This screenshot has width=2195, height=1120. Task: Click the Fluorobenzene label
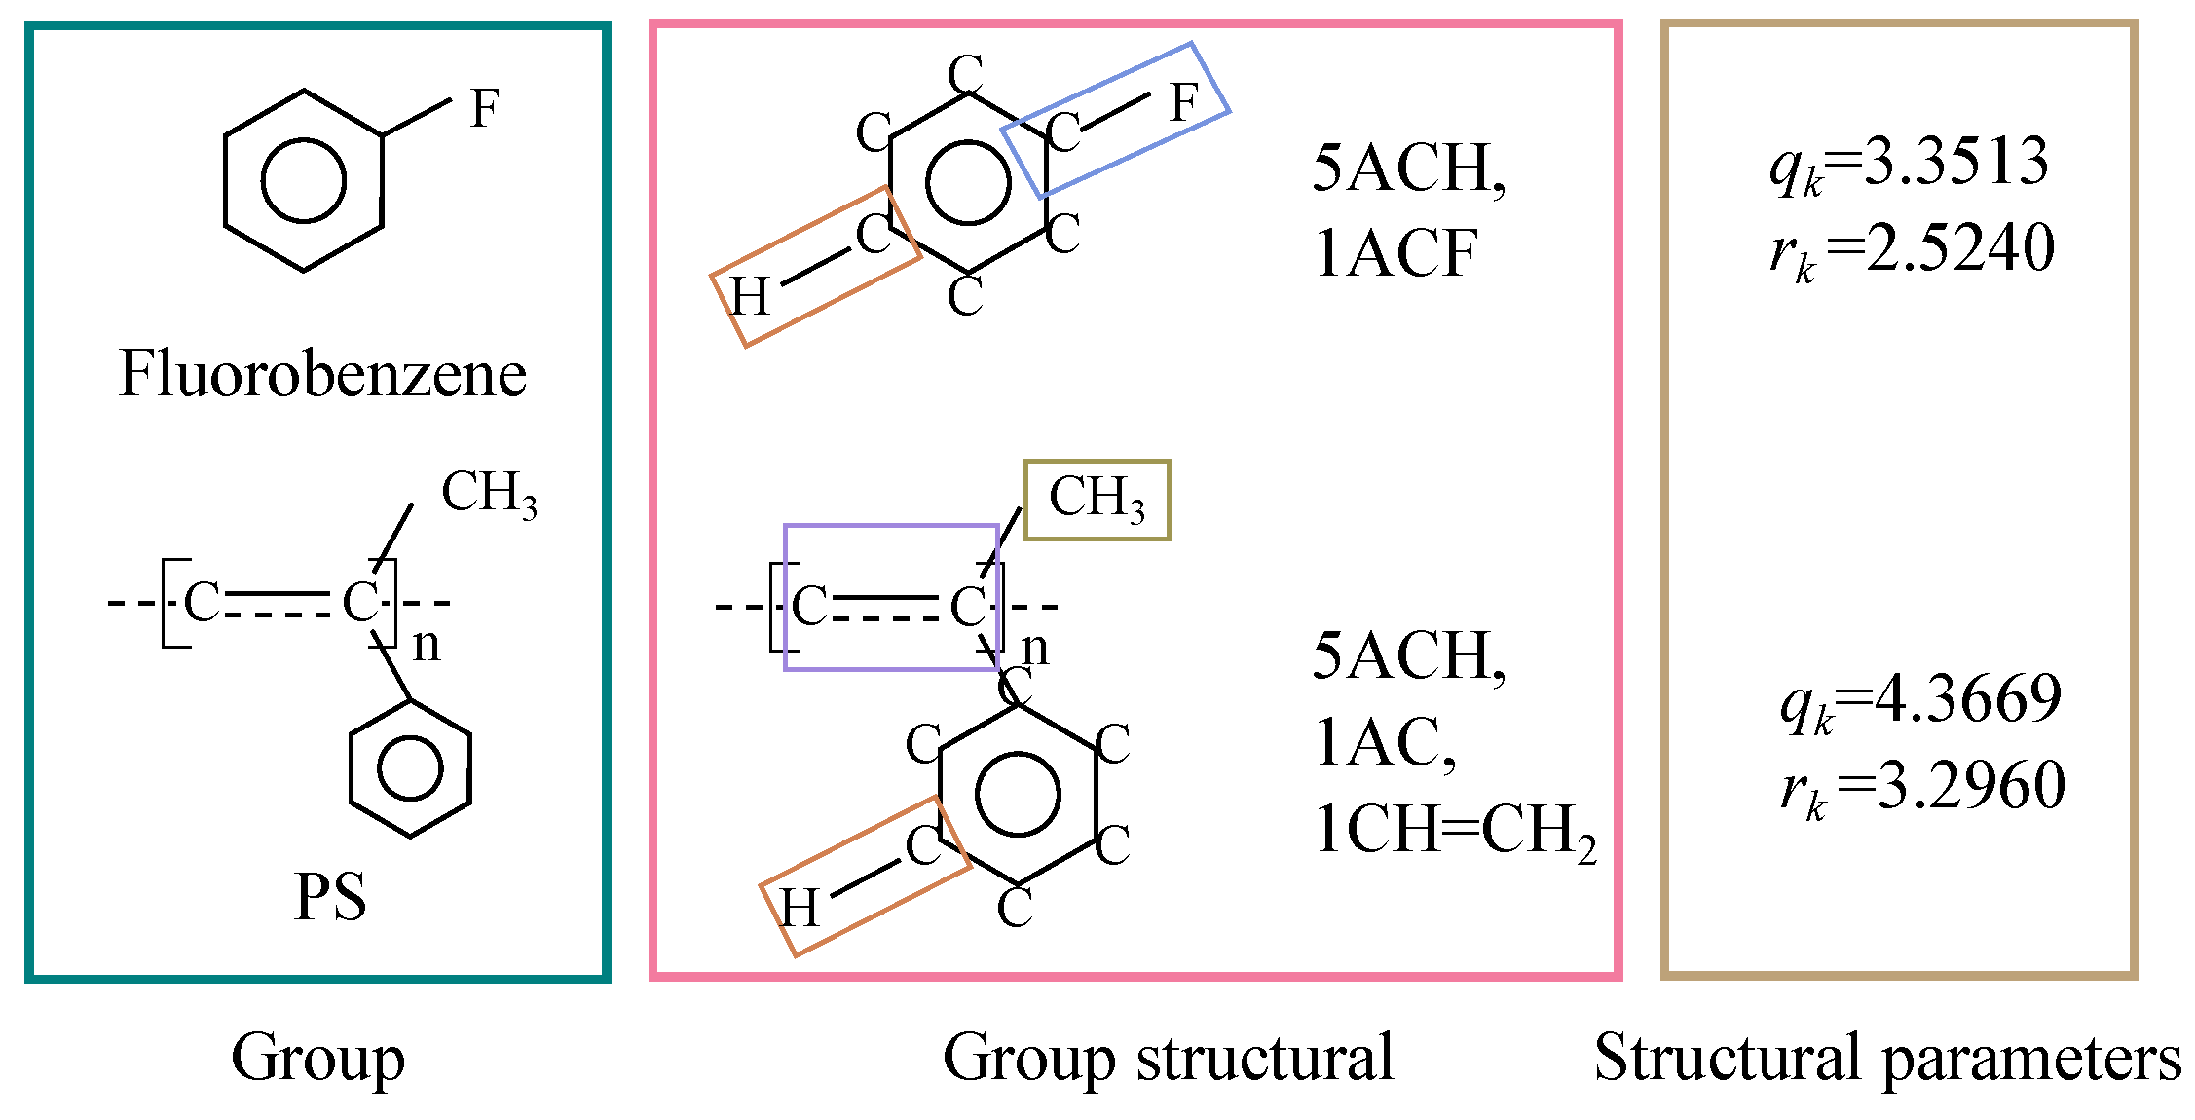pos(322,374)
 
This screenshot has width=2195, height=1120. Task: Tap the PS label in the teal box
pos(330,897)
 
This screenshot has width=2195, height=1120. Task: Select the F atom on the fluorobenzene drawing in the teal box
pos(484,108)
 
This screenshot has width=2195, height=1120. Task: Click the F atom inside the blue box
pos(1183,102)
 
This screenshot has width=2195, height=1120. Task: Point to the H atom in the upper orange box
pos(751,296)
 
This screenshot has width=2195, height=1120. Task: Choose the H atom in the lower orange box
pos(800,908)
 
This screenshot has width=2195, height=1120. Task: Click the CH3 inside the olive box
pos(1097,499)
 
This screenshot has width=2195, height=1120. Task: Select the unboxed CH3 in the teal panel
pos(489,494)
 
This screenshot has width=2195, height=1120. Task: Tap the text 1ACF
pos(1395,254)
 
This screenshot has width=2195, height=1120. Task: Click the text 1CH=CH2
pos(1455,832)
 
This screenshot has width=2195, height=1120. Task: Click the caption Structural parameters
pos(1887,1059)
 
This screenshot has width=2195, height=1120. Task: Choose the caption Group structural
pos(1168,1059)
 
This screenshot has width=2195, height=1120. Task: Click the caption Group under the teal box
pos(317,1059)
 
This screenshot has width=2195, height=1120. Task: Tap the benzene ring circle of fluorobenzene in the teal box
pos(304,181)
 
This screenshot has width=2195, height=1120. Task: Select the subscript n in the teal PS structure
pos(427,646)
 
